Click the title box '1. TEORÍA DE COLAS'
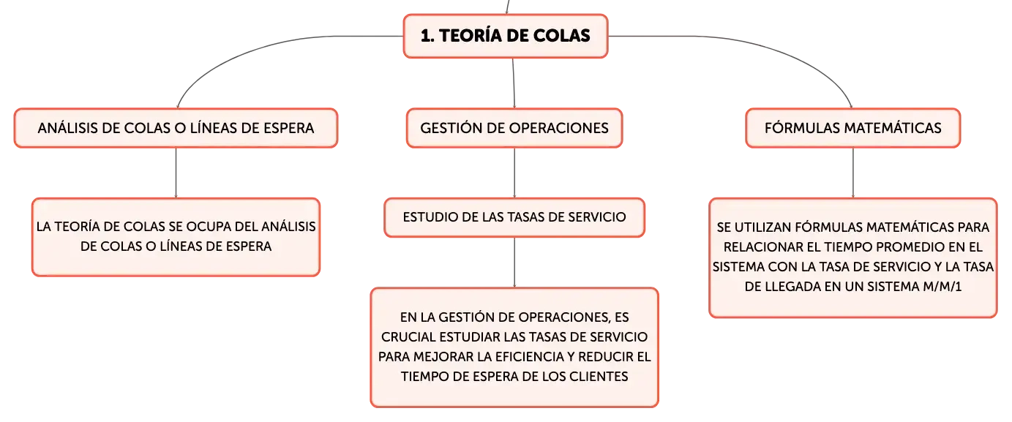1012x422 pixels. (506, 36)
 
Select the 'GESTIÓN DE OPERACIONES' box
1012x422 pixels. (514, 128)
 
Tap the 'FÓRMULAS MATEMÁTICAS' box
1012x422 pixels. (853, 128)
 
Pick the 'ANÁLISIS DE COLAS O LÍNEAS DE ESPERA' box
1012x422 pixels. (176, 128)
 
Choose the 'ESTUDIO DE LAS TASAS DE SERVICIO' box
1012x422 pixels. (514, 217)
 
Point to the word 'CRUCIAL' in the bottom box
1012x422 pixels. (408, 337)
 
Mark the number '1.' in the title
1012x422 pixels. (427, 36)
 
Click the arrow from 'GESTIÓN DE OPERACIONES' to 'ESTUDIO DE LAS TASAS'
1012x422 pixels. (514, 173)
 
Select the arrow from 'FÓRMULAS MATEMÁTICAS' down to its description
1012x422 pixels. (853, 173)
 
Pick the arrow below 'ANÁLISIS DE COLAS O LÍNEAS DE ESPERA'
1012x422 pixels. (176, 173)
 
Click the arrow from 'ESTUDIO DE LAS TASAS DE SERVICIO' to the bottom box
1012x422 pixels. (514, 263)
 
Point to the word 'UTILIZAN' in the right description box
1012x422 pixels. (762, 227)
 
